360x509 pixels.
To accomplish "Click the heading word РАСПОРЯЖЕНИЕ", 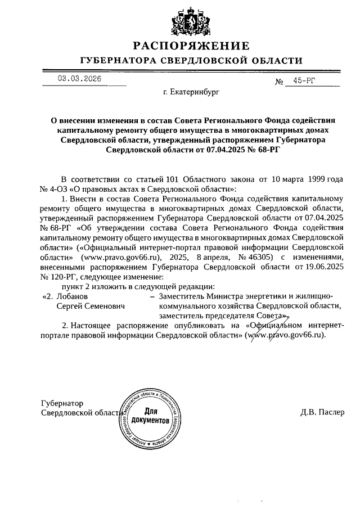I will (191, 46).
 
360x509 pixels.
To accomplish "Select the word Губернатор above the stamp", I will (62, 403).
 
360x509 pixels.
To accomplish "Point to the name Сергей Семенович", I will (91, 307).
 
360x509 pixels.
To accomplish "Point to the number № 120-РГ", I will (60, 276).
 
